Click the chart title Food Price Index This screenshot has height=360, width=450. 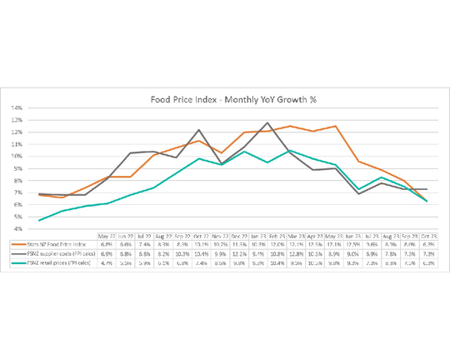(232, 98)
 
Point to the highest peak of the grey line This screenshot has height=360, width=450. (267, 123)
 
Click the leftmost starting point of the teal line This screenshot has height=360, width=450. (39, 220)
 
